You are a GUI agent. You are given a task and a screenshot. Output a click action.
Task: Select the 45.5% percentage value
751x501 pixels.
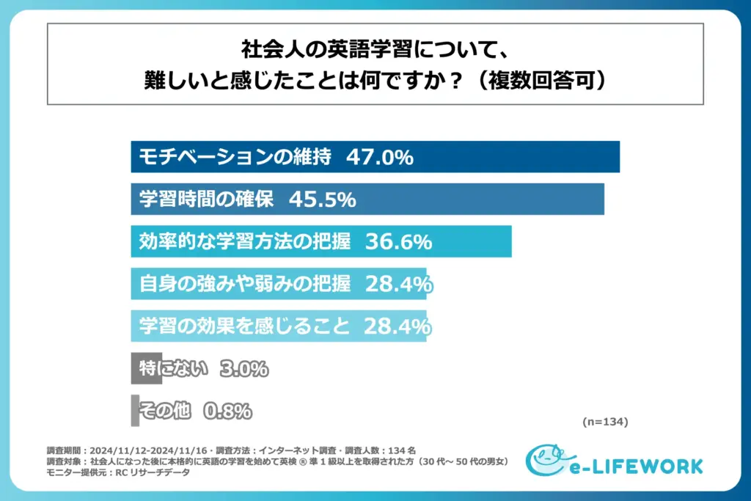[x=323, y=199]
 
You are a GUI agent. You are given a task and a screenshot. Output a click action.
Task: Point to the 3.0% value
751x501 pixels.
[x=244, y=369]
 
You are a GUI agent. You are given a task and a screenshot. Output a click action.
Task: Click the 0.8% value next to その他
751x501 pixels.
[x=227, y=412]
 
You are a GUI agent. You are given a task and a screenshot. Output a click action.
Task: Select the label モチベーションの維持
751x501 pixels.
[x=235, y=157]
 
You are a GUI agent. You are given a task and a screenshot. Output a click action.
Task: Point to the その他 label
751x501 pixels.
[x=165, y=412]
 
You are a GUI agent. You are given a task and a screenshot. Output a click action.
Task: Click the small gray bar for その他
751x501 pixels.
[x=134, y=411]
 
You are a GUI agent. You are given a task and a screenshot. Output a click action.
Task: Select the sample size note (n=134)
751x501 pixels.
[x=605, y=422]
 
